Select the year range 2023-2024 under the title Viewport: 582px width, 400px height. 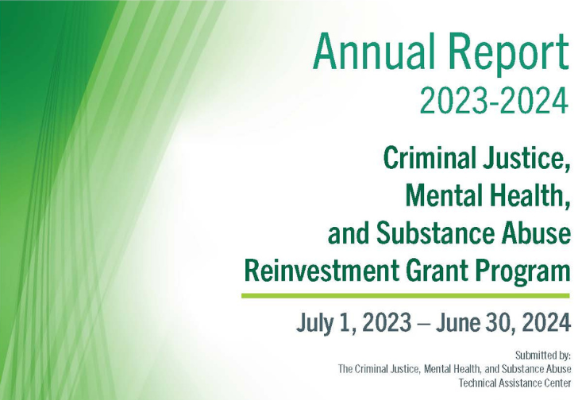click(x=494, y=101)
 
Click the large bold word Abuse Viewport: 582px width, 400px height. click(x=531, y=233)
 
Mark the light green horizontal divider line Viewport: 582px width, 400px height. click(x=405, y=296)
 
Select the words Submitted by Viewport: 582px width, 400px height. click(x=543, y=356)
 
